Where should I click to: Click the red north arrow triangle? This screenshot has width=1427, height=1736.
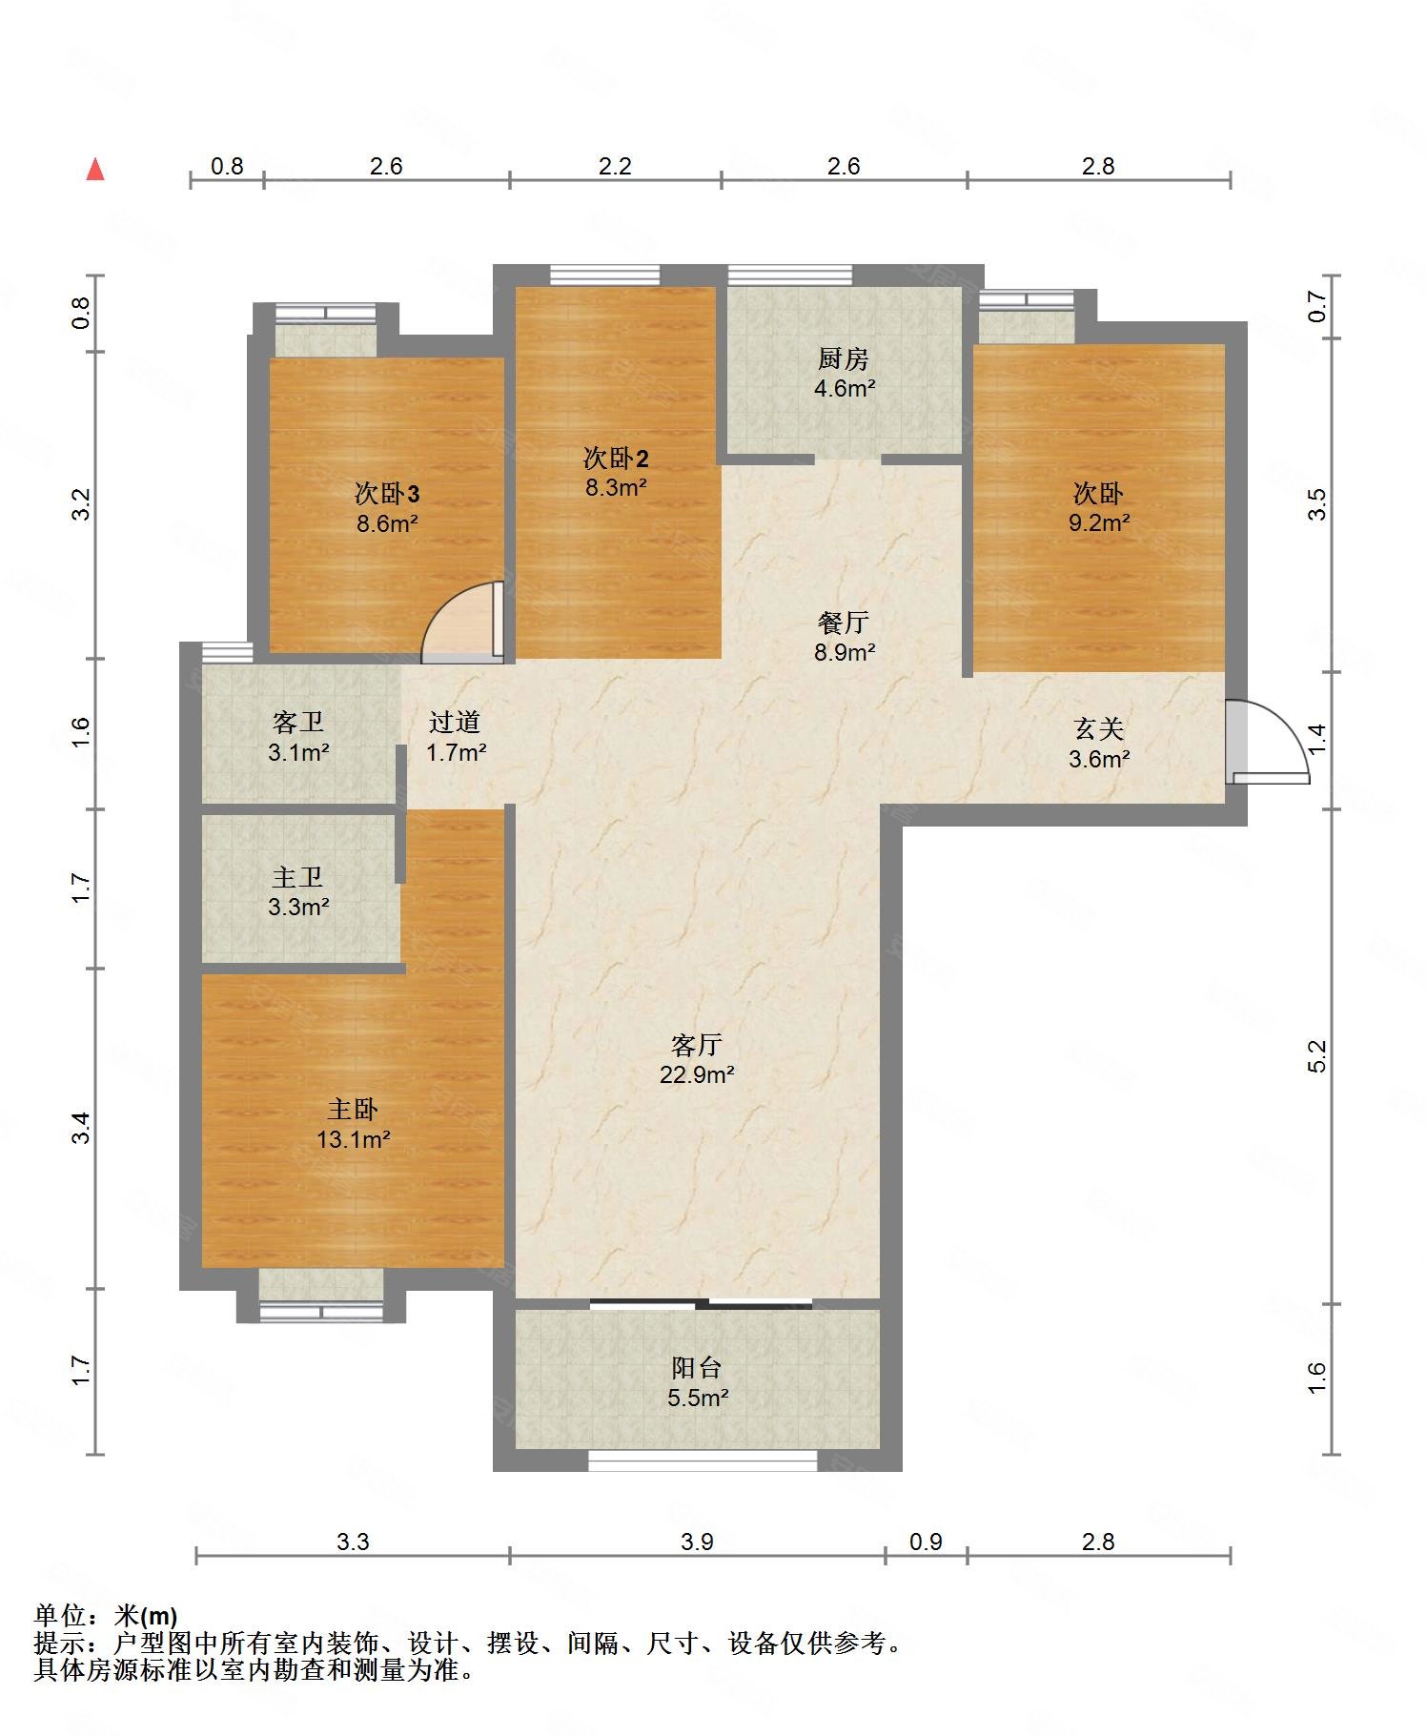point(95,170)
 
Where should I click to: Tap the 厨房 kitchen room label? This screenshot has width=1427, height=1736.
point(844,359)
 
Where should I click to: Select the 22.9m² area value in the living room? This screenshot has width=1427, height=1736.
point(697,1074)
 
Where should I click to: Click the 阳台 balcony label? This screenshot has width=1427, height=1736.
point(697,1368)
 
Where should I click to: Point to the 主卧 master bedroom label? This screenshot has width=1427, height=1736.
point(353,1109)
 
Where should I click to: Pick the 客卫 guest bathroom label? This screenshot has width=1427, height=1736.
point(297,723)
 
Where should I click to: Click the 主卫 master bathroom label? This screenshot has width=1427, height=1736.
point(297,877)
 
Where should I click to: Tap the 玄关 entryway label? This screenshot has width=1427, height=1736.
point(1098,729)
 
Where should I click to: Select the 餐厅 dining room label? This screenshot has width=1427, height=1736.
point(844,623)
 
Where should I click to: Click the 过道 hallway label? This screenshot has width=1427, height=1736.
point(455,723)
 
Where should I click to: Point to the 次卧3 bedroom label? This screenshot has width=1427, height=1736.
point(387,494)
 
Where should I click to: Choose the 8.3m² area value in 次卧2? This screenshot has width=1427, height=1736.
point(616,487)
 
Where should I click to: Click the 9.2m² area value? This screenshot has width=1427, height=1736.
point(1098,521)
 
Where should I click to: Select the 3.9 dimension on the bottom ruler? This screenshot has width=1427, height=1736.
point(697,1542)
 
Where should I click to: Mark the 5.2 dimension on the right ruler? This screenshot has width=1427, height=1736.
point(1316,1055)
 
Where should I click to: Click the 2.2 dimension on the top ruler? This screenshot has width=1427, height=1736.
point(615,166)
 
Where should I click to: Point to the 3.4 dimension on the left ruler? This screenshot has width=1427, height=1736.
point(83,1128)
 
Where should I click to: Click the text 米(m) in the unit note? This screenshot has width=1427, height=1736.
point(146,1615)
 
